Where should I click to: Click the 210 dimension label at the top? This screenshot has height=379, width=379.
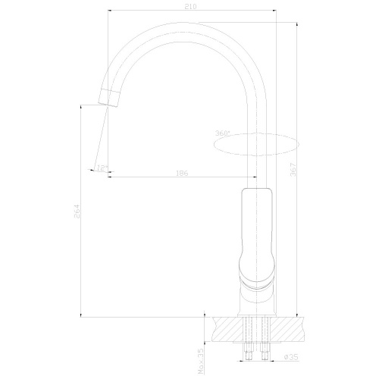point(190,7)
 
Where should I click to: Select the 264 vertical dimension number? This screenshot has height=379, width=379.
point(77,214)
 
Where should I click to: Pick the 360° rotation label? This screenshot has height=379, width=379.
point(222,133)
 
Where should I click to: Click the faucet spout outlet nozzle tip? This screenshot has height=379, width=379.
point(108,97)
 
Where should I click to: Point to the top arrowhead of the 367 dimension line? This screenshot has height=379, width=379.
point(296,23)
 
